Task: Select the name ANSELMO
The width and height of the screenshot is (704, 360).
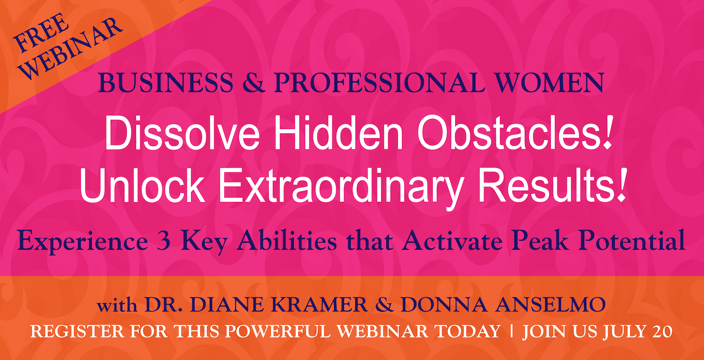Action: [550, 305]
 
